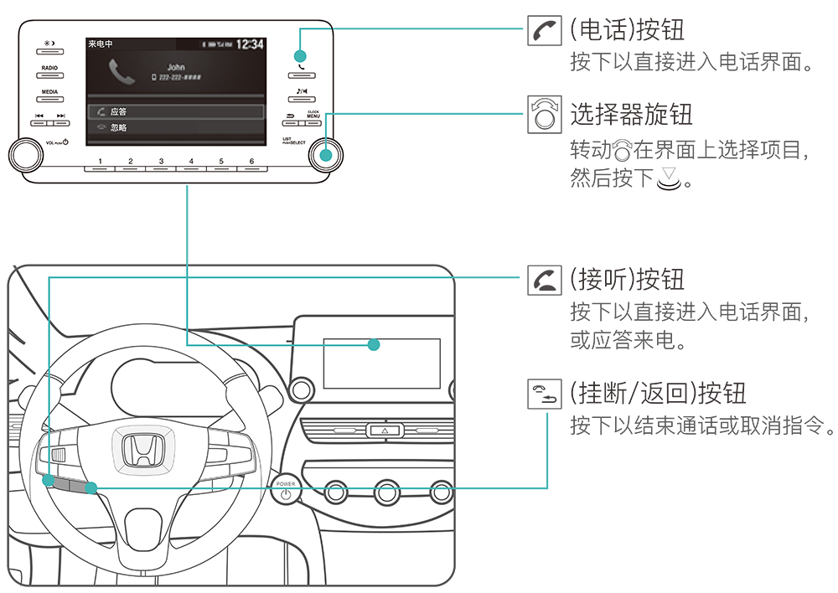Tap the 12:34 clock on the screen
[249, 44]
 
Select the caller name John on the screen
[176, 67]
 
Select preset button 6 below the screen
[251, 166]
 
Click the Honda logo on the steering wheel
[138, 451]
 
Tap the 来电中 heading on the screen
[101, 44]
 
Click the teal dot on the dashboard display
[374, 344]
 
